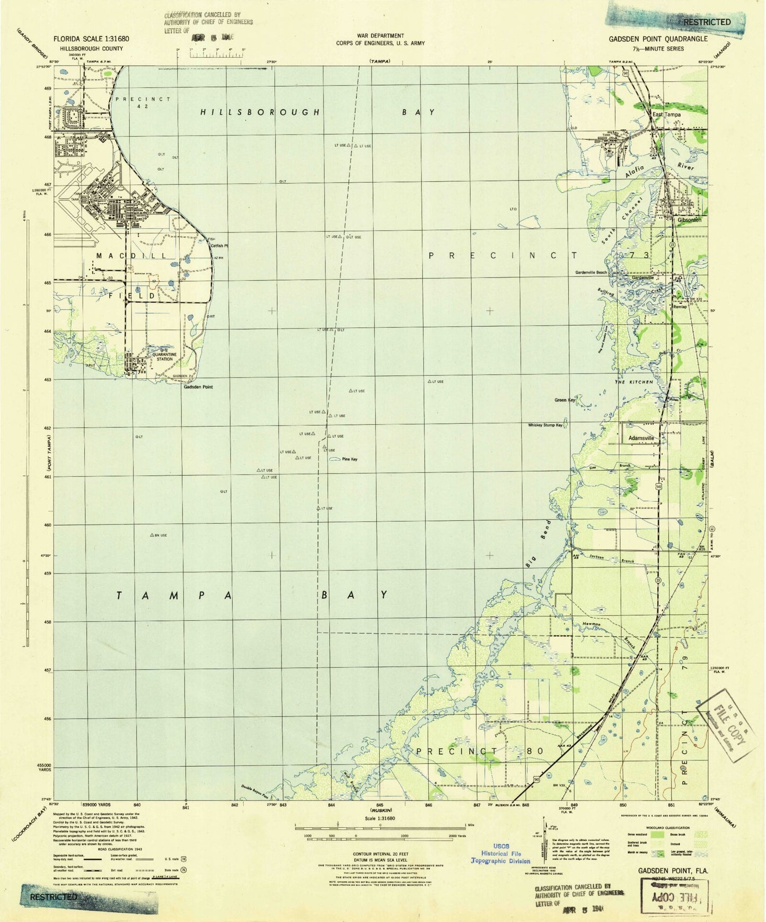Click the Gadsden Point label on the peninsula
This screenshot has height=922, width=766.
coord(198,387)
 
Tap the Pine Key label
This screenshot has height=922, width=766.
coord(349,459)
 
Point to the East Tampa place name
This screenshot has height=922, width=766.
coord(666,114)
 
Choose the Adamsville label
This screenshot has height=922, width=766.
coord(641,438)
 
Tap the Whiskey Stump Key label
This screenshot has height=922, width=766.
coord(545,425)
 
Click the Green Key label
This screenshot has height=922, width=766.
coord(565,400)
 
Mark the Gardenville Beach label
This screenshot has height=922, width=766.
coord(591,273)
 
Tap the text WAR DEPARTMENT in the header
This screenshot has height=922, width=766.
coord(380,35)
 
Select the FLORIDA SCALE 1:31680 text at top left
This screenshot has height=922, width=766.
coord(90,39)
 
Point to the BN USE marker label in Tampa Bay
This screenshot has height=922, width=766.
coord(160,535)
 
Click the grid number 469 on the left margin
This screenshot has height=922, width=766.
coord(48,88)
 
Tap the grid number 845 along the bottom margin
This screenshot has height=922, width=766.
coord(380,805)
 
